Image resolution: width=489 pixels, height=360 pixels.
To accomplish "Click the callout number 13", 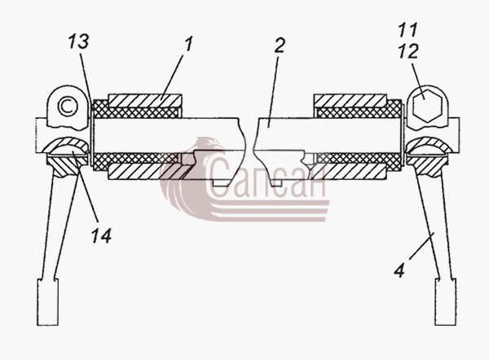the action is (x=78, y=42).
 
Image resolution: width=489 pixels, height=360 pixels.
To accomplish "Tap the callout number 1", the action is (x=188, y=44).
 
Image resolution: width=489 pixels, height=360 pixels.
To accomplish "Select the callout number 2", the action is (x=280, y=45).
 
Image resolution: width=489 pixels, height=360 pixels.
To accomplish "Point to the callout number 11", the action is (x=408, y=29).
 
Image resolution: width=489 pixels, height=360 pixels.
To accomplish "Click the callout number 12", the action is (x=408, y=50).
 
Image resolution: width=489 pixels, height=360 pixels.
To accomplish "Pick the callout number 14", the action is (x=101, y=235).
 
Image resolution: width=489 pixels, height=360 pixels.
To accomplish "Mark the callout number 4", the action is (x=399, y=270).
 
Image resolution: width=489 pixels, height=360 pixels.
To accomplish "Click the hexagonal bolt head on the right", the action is (x=427, y=105).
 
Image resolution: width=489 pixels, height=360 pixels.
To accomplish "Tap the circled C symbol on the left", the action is (x=68, y=107).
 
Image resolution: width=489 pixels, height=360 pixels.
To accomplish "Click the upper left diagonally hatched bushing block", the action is (x=145, y=101).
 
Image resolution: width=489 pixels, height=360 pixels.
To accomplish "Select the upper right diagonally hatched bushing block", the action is (x=350, y=101).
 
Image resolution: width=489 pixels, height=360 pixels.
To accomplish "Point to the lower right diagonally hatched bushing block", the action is (x=348, y=171).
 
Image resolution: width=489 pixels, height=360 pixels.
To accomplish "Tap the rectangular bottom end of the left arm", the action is (x=48, y=302).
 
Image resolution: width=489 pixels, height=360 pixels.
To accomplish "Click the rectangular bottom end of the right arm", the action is (x=446, y=302).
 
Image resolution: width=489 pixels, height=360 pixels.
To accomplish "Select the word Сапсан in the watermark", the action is (x=266, y=177).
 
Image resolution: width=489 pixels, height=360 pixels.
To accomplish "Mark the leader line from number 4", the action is (x=422, y=246).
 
